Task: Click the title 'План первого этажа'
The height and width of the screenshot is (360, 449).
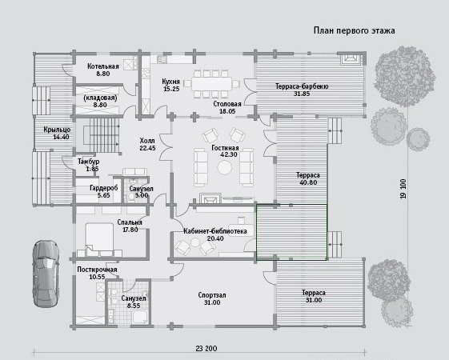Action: point(355,30)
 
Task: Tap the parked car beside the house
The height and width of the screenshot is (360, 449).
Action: point(46,274)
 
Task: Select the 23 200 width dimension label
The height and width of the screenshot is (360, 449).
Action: point(206,348)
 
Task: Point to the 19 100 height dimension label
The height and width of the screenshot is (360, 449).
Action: point(403,189)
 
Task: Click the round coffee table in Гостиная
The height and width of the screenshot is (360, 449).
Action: point(224,167)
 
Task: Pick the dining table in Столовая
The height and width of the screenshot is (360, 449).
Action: point(211,84)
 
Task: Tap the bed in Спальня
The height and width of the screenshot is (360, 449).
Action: point(99,238)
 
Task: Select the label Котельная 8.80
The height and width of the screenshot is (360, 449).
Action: point(102,70)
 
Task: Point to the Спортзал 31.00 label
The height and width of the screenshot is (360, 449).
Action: point(212,298)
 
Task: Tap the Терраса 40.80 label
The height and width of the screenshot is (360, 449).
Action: point(308,178)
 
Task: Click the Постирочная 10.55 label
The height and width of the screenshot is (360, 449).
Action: point(97,273)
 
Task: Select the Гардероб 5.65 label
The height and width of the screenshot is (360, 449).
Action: point(104,191)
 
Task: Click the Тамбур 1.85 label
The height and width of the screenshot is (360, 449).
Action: point(89,165)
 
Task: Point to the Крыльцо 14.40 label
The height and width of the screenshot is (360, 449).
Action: point(57,133)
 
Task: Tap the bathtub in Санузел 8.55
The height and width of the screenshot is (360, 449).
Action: point(140,318)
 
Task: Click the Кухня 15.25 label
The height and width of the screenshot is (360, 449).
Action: point(171,85)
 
